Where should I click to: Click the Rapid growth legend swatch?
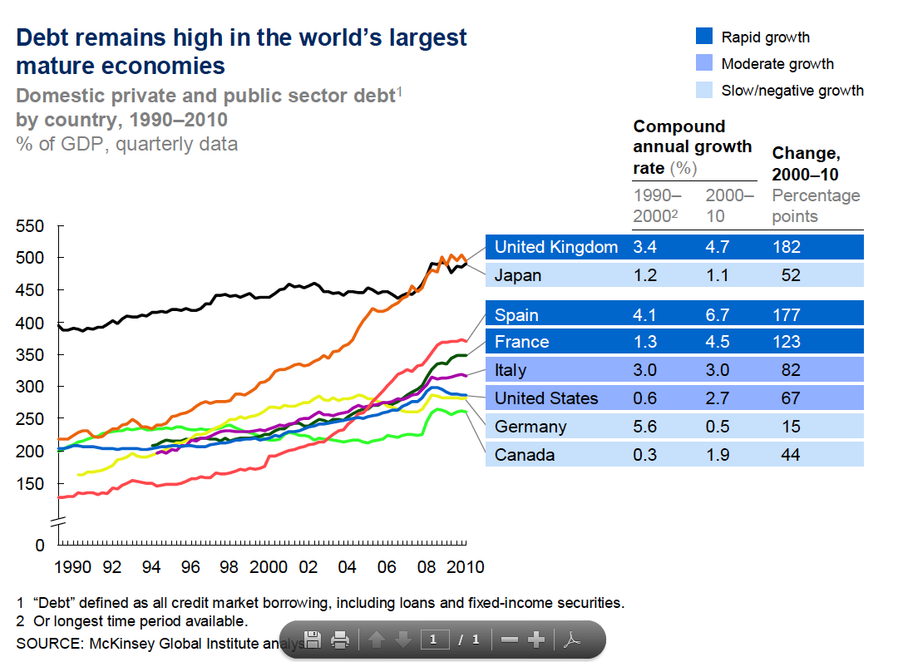pyautogui.click(x=703, y=37)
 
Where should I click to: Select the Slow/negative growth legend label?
pyautogui.click(x=792, y=91)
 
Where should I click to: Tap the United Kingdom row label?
pyautogui.click(x=555, y=247)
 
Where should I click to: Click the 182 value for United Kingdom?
pyautogui.click(x=786, y=247)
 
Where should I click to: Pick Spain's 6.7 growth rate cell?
pyautogui.click(x=719, y=315)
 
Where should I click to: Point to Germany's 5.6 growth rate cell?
pyautogui.click(x=646, y=427)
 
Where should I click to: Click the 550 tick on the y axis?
pyautogui.click(x=30, y=226)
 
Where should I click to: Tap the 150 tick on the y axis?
pyautogui.click(x=30, y=484)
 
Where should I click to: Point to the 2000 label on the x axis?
pyautogui.click(x=268, y=567)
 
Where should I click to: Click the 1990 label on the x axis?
pyautogui.click(x=72, y=567)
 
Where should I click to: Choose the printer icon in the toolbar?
pyautogui.click(x=339, y=640)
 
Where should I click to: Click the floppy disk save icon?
pyautogui.click(x=313, y=640)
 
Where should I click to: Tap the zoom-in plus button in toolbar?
pyautogui.click(x=536, y=640)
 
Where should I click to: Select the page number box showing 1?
pyautogui.click(x=434, y=640)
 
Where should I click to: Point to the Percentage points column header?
pyautogui.click(x=816, y=206)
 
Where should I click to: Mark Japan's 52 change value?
pyautogui.click(x=791, y=275)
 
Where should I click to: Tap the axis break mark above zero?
pyautogui.click(x=59, y=522)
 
